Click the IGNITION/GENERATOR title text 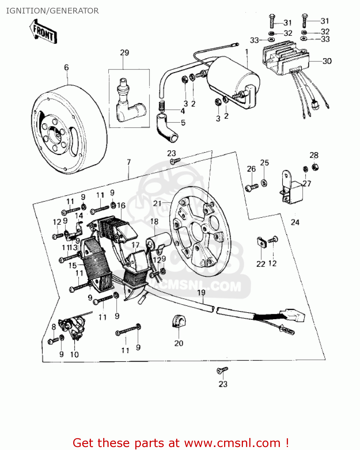(52, 11)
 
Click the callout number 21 (157, 204)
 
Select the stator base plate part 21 (200, 231)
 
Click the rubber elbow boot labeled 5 (167, 127)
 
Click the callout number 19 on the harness (201, 292)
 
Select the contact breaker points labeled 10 (74, 327)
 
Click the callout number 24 (295, 222)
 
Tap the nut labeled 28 (315, 167)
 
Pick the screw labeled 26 (251, 187)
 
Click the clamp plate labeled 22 (262, 242)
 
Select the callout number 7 (129, 162)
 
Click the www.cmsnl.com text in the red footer (232, 443)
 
